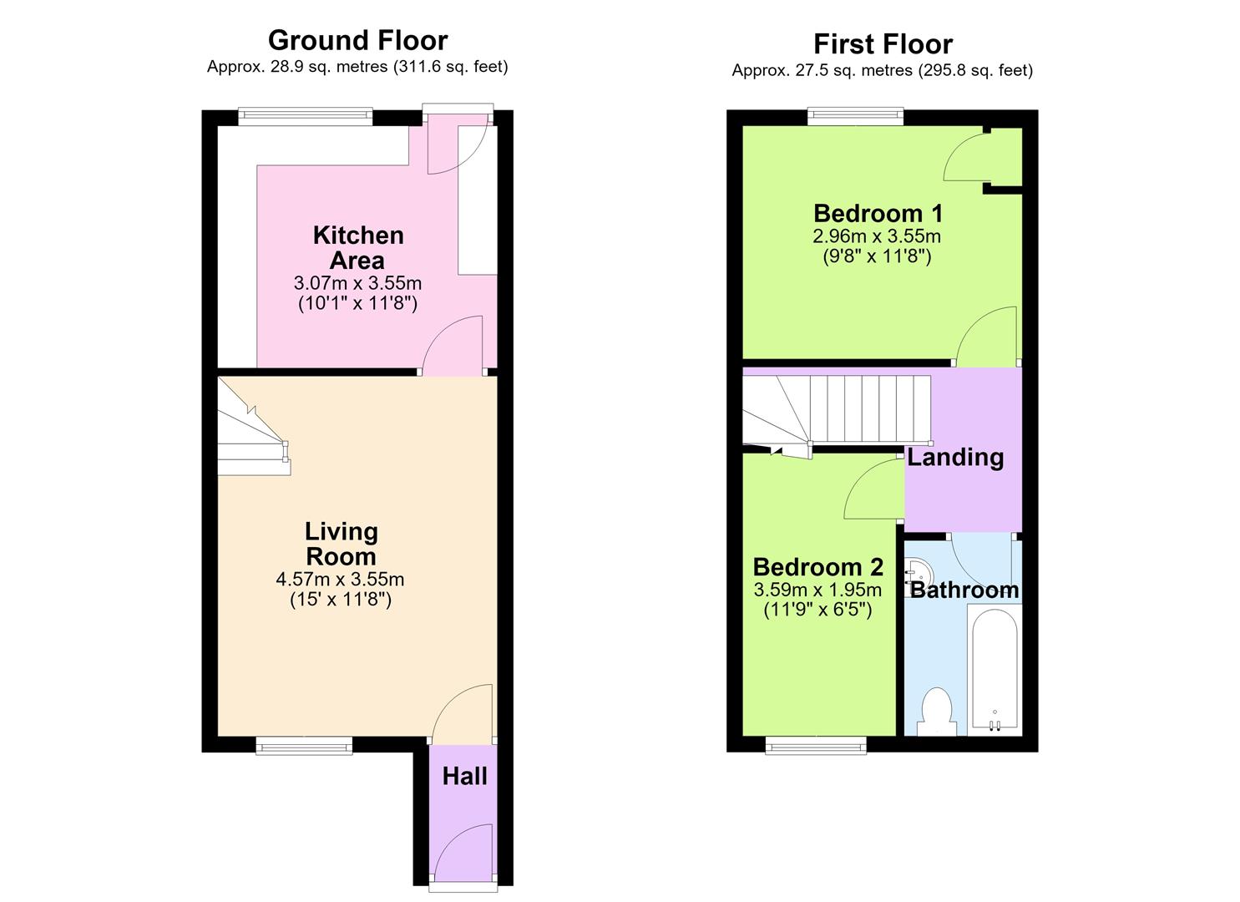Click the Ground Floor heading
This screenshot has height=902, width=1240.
coord(357,40)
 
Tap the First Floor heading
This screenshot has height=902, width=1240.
coord(883,44)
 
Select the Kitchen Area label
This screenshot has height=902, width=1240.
coord(358,247)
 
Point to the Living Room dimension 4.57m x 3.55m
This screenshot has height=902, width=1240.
coord(340,579)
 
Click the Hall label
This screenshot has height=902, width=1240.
coord(464,777)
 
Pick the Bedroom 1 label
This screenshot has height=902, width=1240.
coord(878,213)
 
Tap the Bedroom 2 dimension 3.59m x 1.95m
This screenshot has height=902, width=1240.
coord(817,589)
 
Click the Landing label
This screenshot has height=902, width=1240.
coord(955,458)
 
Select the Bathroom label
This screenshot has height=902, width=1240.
coord(965,590)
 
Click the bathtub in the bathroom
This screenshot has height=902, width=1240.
coord(995,670)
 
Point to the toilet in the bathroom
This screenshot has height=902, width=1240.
coord(937,712)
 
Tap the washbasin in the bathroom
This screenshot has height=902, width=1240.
coord(918,577)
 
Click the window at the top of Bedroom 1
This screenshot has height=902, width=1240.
coord(855,116)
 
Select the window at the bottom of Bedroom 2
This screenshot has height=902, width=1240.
coord(816,745)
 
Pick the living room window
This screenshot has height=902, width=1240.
coord(304,745)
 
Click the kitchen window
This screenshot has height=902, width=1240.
coord(306,116)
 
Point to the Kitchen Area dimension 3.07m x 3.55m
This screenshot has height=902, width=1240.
coord(357,283)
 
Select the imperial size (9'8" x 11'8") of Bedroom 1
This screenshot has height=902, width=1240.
coord(878,256)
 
